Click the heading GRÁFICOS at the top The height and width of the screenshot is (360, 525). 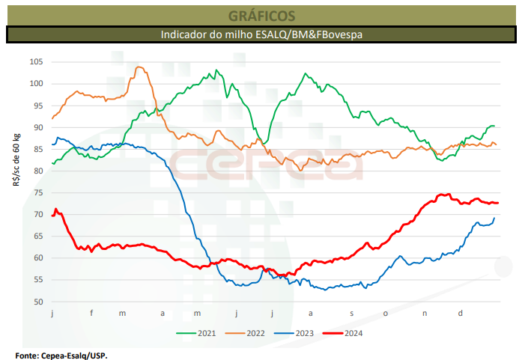coord(261,15)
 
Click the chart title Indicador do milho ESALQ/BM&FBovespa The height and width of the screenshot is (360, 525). coord(261,34)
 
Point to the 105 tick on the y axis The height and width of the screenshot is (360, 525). coord(37,61)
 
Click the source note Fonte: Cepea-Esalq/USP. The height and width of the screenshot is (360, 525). coord(61,355)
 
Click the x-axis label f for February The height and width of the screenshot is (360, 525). coord(92,313)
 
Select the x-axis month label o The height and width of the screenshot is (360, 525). coord(386,313)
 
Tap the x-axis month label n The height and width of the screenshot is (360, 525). coord(425,313)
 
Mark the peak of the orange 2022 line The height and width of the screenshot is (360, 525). coord(139,67)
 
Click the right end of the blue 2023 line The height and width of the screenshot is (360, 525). coord(494,218)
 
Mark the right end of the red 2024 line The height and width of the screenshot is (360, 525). coord(497,203)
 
